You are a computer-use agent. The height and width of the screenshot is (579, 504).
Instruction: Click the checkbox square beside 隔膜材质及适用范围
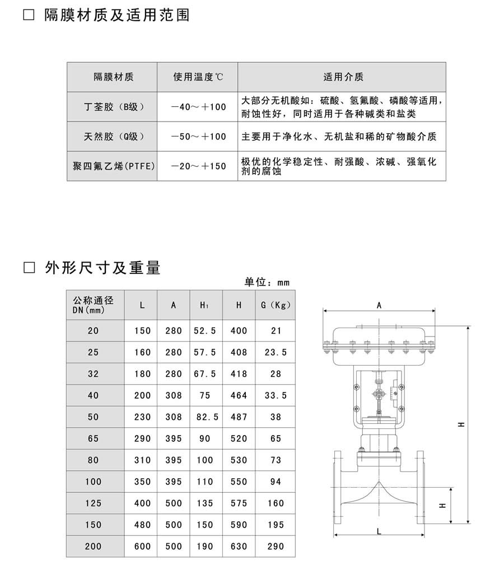(x=29, y=15)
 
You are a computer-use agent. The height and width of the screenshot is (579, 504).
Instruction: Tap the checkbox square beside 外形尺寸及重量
(x=29, y=268)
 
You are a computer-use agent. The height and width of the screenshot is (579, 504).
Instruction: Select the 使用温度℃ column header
(x=198, y=77)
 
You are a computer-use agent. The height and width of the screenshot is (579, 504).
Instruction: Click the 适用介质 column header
(x=343, y=77)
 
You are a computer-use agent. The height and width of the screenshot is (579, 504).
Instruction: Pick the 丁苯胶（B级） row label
(x=114, y=107)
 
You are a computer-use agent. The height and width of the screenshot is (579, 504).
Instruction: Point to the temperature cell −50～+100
(x=198, y=137)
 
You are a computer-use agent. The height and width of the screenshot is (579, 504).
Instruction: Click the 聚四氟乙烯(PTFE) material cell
(x=114, y=166)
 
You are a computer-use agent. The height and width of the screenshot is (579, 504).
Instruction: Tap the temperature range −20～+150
(x=198, y=166)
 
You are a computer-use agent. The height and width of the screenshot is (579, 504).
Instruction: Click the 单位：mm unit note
(x=267, y=282)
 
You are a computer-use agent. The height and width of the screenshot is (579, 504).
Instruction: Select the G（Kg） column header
(x=276, y=305)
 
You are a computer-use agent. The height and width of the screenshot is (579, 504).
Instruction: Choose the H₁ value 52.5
(x=205, y=331)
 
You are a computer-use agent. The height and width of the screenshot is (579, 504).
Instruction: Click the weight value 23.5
(x=276, y=352)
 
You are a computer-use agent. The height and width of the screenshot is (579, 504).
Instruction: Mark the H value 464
(x=239, y=395)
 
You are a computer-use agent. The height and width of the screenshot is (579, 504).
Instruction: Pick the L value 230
(x=143, y=417)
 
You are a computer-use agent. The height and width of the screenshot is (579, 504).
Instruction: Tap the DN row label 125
(x=93, y=503)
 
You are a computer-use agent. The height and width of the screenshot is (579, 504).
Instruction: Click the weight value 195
(x=276, y=525)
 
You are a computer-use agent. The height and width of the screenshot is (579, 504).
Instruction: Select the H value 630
(x=239, y=546)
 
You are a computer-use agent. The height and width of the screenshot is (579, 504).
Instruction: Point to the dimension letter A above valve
(x=379, y=306)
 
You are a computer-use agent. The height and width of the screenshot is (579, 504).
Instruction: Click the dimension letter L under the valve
(x=379, y=531)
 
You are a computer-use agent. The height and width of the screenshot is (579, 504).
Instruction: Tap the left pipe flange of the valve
(x=338, y=487)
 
